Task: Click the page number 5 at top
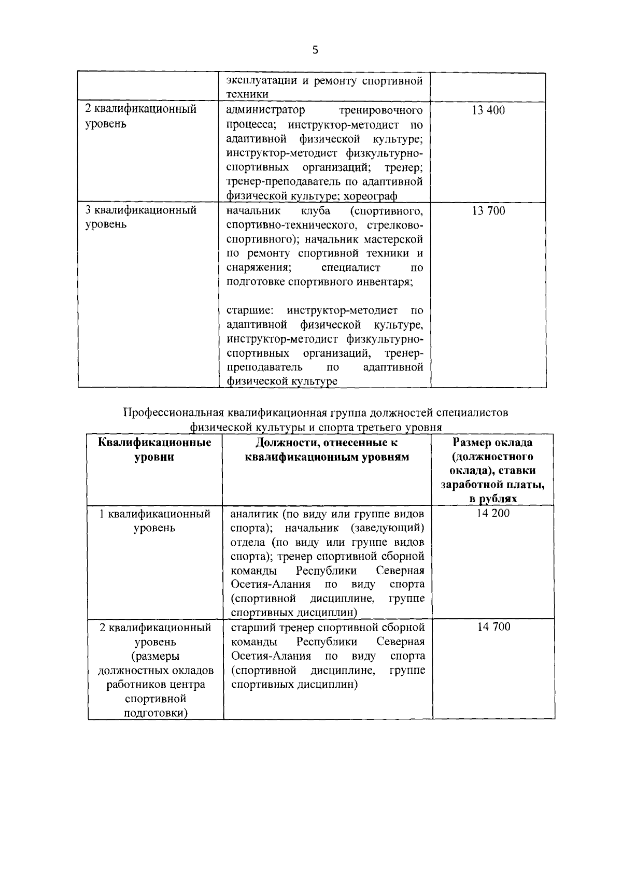316,50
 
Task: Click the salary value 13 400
488,110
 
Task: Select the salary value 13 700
488,211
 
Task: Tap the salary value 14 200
493,514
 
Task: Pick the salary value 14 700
493,627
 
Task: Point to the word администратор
265,110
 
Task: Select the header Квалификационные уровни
154,450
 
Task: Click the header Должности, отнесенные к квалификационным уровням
327,450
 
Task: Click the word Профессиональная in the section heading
174,413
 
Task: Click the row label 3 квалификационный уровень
140,217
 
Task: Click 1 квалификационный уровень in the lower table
155,521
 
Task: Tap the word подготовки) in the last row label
155,713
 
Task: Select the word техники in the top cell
247,94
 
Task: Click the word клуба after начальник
315,211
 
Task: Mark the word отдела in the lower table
247,542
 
